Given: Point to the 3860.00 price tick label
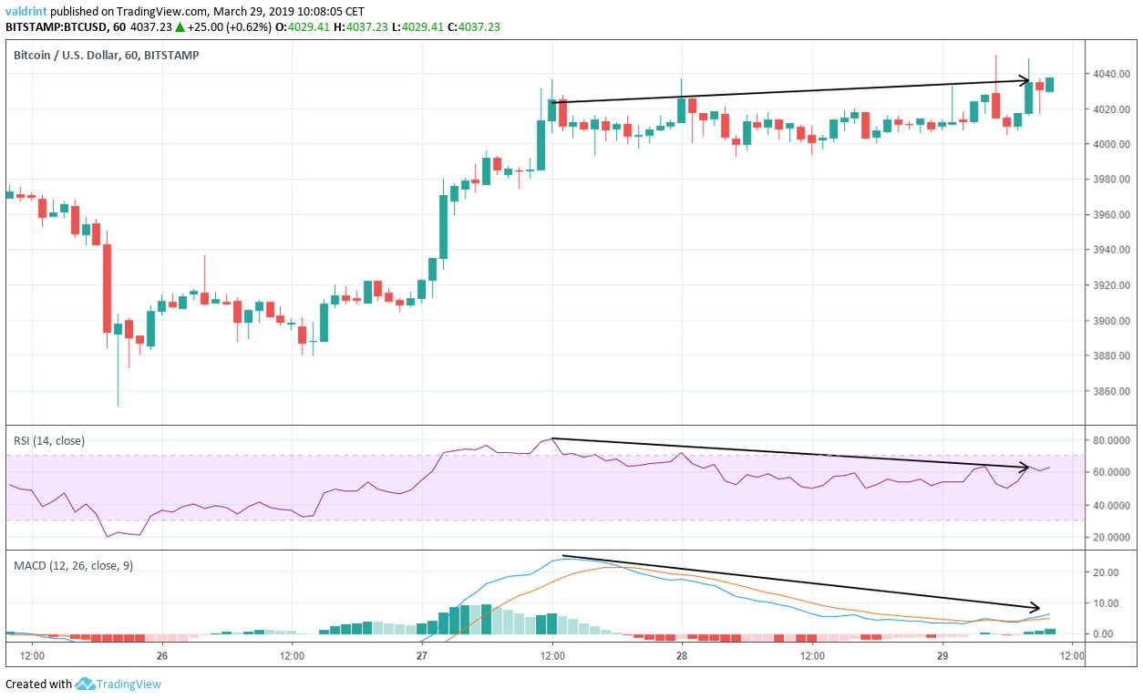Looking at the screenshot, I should pyautogui.click(x=1112, y=391).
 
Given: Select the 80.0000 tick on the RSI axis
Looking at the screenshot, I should pyautogui.click(x=1112, y=440).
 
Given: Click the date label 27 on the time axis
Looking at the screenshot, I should pyautogui.click(x=422, y=655).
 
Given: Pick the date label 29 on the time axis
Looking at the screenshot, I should pyautogui.click(x=942, y=655).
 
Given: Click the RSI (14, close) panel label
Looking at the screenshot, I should pyautogui.click(x=49, y=440).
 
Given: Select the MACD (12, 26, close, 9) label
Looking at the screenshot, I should pyautogui.click(x=73, y=565).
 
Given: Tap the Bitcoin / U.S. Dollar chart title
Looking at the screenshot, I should pyautogui.click(x=106, y=55).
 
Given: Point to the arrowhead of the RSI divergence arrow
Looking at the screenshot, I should pyautogui.click(x=1026, y=468).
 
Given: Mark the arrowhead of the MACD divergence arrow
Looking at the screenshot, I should pyautogui.click(x=1035, y=607).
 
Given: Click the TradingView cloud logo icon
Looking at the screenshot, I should pyautogui.click(x=86, y=684).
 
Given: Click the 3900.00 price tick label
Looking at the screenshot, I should pyautogui.click(x=1112, y=321).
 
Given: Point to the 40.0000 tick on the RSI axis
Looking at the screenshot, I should pyautogui.click(x=1112, y=505).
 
